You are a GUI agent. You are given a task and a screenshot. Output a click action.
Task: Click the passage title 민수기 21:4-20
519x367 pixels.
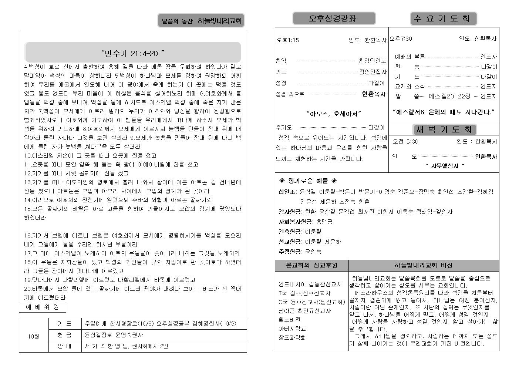pyautogui.click(x=132, y=54)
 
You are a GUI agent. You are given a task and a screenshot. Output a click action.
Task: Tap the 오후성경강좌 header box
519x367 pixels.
pyautogui.click(x=334, y=18)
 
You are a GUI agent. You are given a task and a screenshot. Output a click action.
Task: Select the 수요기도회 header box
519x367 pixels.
pyautogui.click(x=443, y=18)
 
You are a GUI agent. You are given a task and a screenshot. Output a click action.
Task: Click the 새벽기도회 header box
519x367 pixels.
pyautogui.click(x=444, y=130)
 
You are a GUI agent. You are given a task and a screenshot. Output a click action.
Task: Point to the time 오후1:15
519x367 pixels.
pyautogui.click(x=288, y=40)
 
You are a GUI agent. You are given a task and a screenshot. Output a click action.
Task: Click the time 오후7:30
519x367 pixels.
pyautogui.click(x=401, y=38)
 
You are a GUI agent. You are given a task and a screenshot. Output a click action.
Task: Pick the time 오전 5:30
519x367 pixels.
pyautogui.click(x=405, y=141)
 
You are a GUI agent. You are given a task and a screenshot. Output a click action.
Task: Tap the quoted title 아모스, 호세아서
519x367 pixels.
pyautogui.click(x=334, y=114)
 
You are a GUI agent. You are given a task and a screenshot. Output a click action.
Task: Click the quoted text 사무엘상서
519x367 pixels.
pyautogui.click(x=444, y=166)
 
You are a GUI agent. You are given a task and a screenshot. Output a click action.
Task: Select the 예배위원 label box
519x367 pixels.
pyautogui.click(x=42, y=307)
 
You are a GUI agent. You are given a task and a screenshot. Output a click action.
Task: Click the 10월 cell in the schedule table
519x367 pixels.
pyautogui.click(x=33, y=336)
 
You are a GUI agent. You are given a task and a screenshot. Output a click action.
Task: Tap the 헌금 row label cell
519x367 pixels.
pyautogui.click(x=65, y=335)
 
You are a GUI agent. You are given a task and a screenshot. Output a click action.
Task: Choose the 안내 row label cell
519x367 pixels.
pyautogui.click(x=65, y=346)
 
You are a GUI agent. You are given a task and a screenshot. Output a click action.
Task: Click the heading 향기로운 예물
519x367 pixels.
pyautogui.click(x=308, y=181)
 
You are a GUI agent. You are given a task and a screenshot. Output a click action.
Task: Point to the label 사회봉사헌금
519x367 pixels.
pyautogui.click(x=296, y=222)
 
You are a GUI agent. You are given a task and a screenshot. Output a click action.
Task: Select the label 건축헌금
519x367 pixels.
pyautogui.click(x=290, y=232)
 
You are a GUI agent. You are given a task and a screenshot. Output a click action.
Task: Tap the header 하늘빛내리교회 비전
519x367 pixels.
pyautogui.click(x=423, y=265)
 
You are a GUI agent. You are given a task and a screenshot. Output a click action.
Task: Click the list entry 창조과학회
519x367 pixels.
pyautogui.click(x=292, y=337)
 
